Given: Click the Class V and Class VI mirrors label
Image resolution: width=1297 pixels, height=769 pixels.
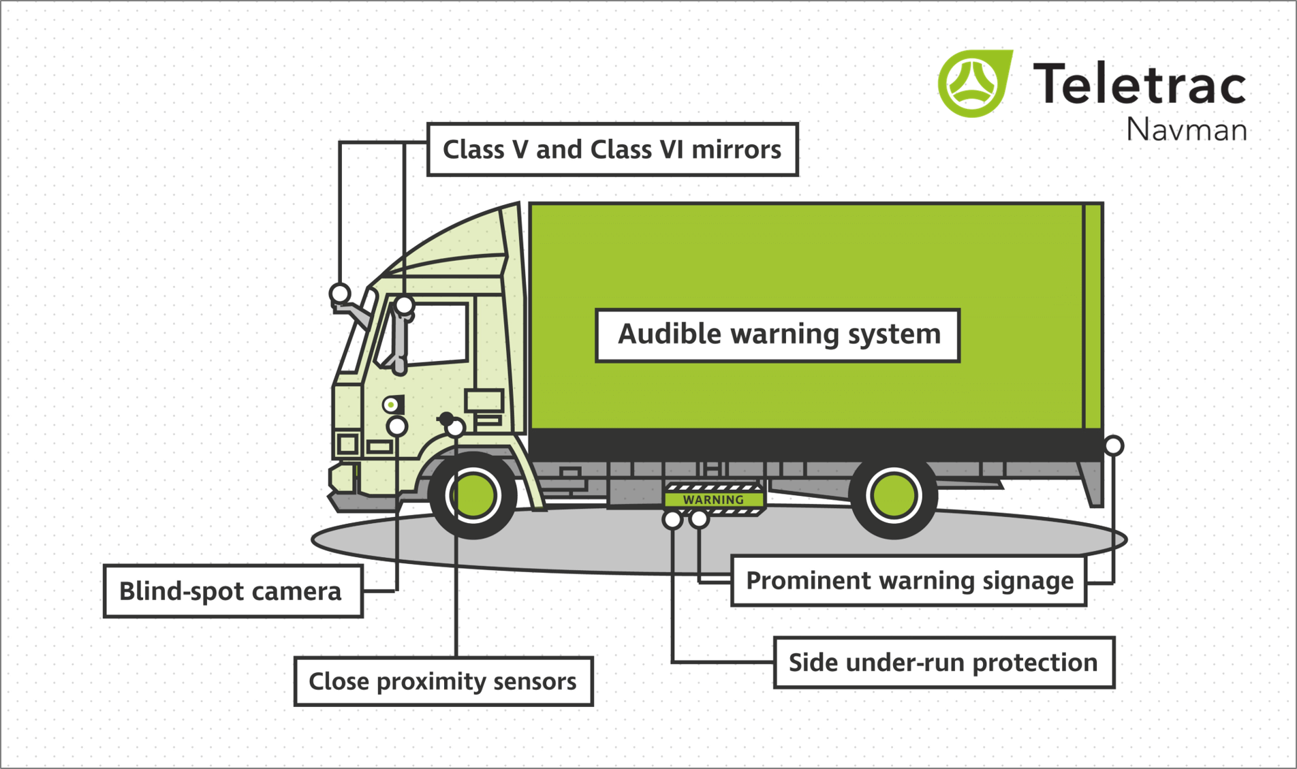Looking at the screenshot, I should tap(612, 150).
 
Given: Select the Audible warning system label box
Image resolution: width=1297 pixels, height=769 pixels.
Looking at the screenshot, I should tap(778, 335).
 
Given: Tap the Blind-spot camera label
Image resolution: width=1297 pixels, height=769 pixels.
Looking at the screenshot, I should tap(232, 591).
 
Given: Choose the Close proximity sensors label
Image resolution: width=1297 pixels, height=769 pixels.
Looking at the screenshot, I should tap(443, 681).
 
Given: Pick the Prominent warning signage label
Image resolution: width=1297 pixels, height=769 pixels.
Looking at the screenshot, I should tap(909, 581).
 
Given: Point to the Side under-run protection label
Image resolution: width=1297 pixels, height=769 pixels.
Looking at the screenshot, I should tap(943, 663).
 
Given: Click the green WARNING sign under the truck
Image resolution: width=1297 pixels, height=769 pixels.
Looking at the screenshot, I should tap(713, 500).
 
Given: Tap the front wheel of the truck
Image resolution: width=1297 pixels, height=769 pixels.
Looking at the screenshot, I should tap(473, 495).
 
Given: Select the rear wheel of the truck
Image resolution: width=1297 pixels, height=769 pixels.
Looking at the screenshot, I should tap(893, 495).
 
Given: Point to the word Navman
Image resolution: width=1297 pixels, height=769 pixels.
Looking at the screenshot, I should tap(1186, 129).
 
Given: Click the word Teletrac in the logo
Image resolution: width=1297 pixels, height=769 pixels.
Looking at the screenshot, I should tap(1140, 84).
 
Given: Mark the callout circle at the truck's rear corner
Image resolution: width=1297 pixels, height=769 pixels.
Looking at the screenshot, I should tap(1113, 445).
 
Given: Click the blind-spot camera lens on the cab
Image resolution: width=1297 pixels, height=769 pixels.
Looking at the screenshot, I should tap(391, 405).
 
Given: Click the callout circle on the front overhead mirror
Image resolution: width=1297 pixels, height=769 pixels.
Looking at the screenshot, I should tap(340, 294).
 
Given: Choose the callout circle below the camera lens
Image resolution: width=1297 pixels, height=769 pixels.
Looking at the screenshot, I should tap(397, 426).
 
